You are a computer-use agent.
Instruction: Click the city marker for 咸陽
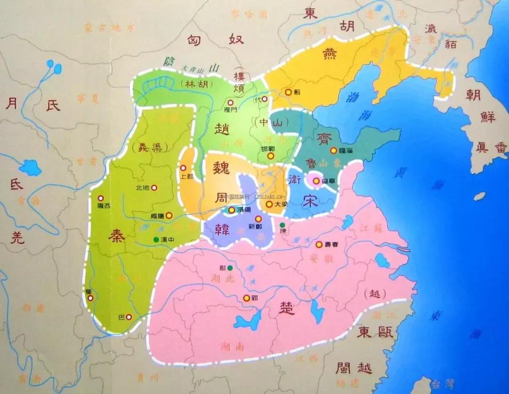pyautogui.click(x=169, y=215)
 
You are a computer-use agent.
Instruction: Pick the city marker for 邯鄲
pyautogui.click(x=271, y=156)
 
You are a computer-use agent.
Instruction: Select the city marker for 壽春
pyautogui.click(x=319, y=244)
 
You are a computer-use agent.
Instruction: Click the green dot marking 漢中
pyautogui.click(x=156, y=239)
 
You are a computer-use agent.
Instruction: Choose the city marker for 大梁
pyautogui.click(x=269, y=204)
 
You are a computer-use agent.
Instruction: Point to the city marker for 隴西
pyautogui.click(x=100, y=198)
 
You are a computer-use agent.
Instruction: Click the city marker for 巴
pyautogui.click(x=129, y=317)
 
